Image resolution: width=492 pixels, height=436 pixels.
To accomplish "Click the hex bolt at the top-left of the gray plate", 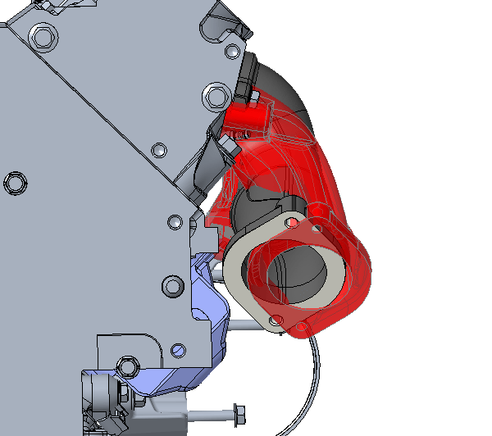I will coord(43,36).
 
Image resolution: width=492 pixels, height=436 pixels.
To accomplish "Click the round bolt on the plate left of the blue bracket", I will coord(173,286).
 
